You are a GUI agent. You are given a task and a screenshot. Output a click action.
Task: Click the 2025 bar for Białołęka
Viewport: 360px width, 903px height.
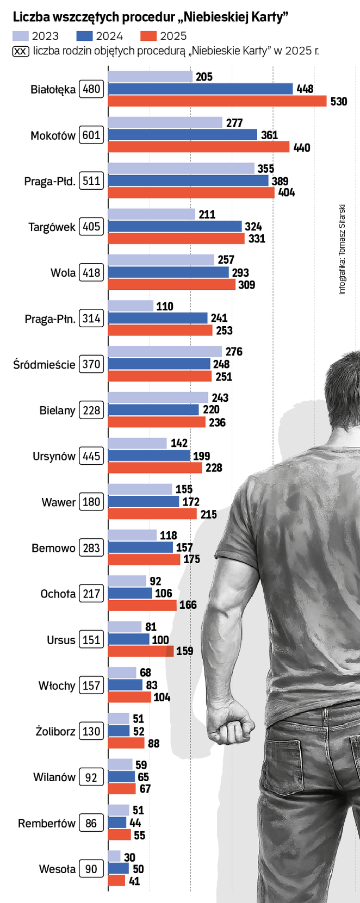click(217, 101)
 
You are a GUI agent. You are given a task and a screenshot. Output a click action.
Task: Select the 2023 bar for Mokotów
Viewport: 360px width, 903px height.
click(165, 123)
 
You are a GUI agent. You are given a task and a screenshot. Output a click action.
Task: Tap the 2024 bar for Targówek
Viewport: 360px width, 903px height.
click(175, 226)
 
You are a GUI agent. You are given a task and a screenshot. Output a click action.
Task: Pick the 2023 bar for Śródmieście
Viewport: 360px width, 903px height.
click(165, 352)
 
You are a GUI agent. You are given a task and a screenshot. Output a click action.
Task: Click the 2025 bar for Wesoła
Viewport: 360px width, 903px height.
click(116, 881)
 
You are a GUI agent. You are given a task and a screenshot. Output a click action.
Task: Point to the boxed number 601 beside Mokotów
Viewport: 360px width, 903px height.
click(91, 135)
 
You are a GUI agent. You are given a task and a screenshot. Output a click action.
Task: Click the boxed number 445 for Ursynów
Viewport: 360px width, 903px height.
click(91, 456)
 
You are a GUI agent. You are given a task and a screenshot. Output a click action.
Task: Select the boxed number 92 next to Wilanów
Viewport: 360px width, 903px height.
click(91, 777)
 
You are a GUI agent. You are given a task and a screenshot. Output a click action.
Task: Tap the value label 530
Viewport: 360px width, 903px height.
click(338, 102)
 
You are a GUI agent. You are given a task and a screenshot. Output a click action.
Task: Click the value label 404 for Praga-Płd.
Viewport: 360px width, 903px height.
click(287, 192)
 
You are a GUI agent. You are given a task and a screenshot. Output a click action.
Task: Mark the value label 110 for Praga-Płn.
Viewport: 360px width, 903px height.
click(165, 306)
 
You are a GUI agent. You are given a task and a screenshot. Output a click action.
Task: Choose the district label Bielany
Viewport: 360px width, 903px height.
click(57, 410)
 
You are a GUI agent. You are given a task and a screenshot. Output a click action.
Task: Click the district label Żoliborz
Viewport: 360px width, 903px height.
click(55, 732)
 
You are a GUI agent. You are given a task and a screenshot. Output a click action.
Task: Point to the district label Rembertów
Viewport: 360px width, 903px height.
click(47, 823)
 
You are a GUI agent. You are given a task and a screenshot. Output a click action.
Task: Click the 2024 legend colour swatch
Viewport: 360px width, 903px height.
click(84, 36)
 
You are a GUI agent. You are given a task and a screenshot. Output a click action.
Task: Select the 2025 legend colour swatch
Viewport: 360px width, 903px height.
click(148, 36)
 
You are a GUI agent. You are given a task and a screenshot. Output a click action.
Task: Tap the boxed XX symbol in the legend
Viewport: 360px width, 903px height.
click(20, 51)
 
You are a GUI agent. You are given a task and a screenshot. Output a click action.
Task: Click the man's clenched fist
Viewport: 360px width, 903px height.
click(234, 726)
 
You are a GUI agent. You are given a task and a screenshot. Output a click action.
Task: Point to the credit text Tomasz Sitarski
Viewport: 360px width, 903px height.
click(342, 228)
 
